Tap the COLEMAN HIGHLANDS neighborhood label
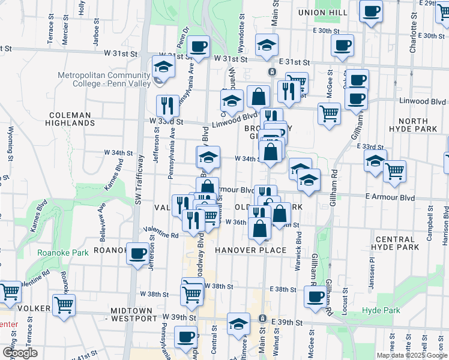[70, 119]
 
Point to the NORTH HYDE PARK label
[421, 125]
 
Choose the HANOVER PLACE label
[250, 250]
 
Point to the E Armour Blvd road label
[390, 197]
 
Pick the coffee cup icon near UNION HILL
[371, 11]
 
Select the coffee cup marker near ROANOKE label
[138, 253]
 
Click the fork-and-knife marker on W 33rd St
[167, 106]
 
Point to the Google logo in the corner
[20, 353]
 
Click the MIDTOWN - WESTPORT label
[132, 314]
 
